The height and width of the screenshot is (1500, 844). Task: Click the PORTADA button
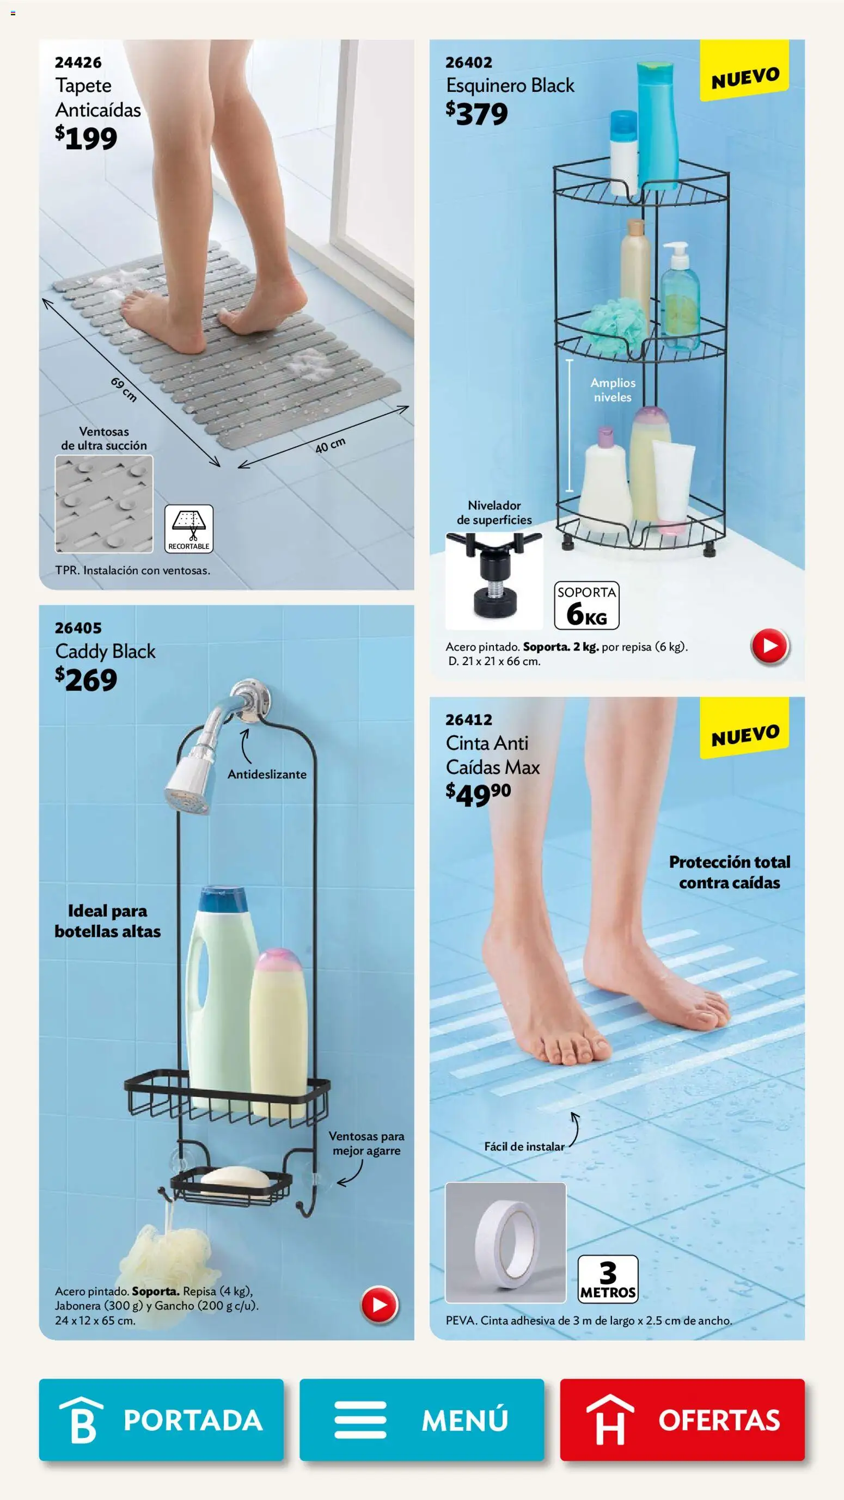pyautogui.click(x=161, y=1419)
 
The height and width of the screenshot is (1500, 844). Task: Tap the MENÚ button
pyautogui.click(x=421, y=1419)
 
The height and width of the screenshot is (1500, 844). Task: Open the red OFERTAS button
pyautogui.click(x=682, y=1419)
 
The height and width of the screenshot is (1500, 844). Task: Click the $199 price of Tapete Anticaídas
pyautogui.click(x=86, y=138)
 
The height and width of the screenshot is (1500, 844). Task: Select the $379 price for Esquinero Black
pyautogui.click(x=476, y=114)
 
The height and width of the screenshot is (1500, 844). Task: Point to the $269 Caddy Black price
pyautogui.click(x=86, y=680)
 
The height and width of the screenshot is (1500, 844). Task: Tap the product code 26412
pyautogui.click(x=469, y=720)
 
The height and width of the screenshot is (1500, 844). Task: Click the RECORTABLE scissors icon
pyautogui.click(x=189, y=528)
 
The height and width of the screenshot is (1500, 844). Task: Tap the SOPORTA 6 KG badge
pyautogui.click(x=586, y=606)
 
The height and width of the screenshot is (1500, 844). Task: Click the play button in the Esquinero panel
pyautogui.click(x=769, y=646)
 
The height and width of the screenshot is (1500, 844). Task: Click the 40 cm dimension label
pyautogui.click(x=331, y=445)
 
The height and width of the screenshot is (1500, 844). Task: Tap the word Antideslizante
pyautogui.click(x=267, y=774)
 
